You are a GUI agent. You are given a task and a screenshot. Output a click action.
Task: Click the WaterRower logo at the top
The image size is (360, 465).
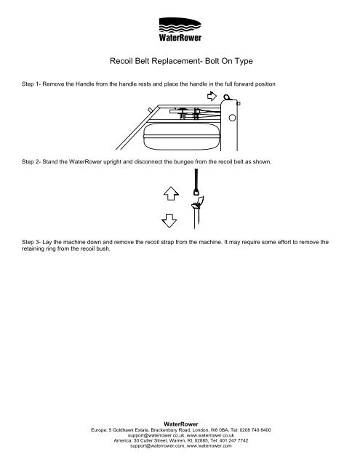click(180, 30)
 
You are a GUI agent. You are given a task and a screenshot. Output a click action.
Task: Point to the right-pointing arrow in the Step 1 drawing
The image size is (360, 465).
click(212, 94)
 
